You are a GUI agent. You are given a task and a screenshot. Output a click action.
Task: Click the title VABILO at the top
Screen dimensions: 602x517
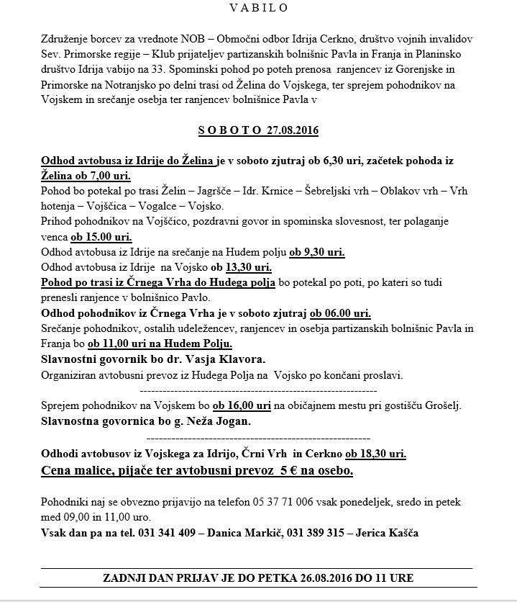259,8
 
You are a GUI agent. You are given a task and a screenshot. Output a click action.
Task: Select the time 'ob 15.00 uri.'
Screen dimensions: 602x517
101,236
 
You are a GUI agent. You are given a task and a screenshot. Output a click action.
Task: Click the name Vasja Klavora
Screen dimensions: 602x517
209,359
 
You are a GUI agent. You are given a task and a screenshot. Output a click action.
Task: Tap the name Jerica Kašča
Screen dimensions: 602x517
388,533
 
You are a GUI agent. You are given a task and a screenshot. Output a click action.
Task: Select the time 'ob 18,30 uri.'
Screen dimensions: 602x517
375,454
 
